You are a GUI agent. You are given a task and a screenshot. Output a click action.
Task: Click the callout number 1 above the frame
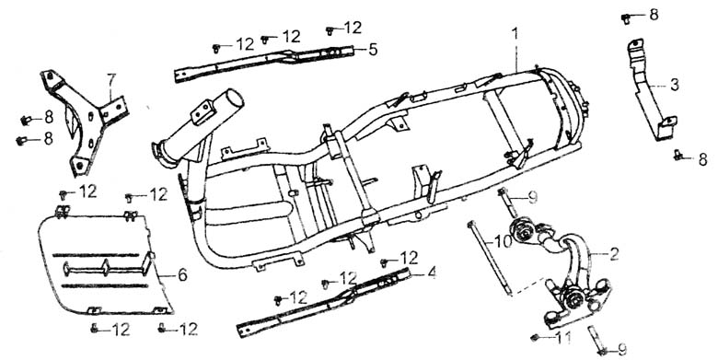tap(515, 34)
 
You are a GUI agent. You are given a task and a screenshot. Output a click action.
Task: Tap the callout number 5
tap(373, 50)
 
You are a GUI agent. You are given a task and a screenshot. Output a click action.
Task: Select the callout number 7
tap(110, 80)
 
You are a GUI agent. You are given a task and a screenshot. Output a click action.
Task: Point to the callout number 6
tap(182, 274)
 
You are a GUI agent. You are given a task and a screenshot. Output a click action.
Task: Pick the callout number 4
tap(431, 273)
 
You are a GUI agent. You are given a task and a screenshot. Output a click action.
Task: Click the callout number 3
tap(674, 86)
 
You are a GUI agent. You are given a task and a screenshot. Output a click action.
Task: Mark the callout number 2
tap(614, 254)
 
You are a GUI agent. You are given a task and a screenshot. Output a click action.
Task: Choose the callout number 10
tap(503, 241)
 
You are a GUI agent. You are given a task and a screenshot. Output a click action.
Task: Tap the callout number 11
tap(563, 339)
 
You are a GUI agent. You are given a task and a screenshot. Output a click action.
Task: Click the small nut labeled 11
tap(534, 338)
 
